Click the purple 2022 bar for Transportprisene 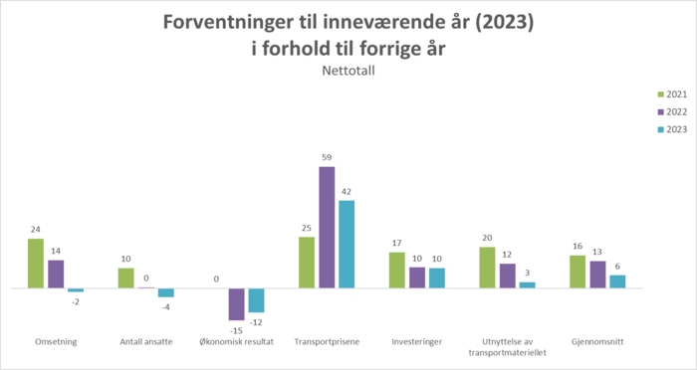pyautogui.click(x=327, y=227)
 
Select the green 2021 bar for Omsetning pyautogui.click(x=36, y=264)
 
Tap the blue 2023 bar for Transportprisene pyautogui.click(x=347, y=244)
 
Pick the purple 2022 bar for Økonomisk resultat pyautogui.click(x=237, y=303)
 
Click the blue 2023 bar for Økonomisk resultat pyautogui.click(x=257, y=300)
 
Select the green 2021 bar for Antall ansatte pyautogui.click(x=126, y=278)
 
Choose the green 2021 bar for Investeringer pyautogui.click(x=397, y=271)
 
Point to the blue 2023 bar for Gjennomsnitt pyautogui.click(x=617, y=281)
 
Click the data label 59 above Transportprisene pyautogui.click(x=327, y=157)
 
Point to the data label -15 pyautogui.click(x=237, y=329)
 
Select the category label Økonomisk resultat pyautogui.click(x=237, y=341)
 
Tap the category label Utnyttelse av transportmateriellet pyautogui.click(x=508, y=346)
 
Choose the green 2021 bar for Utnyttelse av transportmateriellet pyautogui.click(x=487, y=268)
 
